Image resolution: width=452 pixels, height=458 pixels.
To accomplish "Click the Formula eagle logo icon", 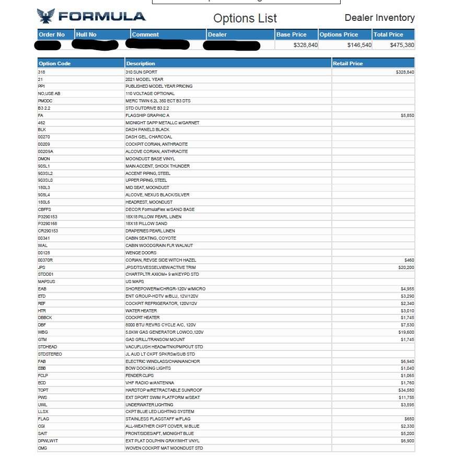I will point(46,16).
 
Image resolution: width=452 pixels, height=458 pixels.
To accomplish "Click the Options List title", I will point(245,18).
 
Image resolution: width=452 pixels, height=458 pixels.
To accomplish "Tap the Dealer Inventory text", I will point(379,18).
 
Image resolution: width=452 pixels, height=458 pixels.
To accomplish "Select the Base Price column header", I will point(292,34).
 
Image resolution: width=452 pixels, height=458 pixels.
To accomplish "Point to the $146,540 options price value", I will point(359,45).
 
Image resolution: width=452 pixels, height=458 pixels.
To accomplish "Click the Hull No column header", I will point(86,34).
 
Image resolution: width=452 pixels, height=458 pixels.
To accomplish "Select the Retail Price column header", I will point(347,63).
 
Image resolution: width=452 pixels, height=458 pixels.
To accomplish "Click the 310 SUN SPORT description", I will point(141,72).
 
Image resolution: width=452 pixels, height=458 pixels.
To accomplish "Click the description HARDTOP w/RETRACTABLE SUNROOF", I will point(164,390).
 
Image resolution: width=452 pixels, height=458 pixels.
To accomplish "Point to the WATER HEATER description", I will point(141,310).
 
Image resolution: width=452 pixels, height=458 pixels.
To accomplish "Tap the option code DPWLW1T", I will point(48,441).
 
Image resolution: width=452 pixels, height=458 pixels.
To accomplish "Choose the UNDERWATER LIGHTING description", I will point(150,405).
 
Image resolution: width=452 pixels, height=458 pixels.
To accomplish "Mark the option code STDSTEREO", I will point(50,354).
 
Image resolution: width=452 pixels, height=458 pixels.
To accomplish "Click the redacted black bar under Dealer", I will point(231,45).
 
